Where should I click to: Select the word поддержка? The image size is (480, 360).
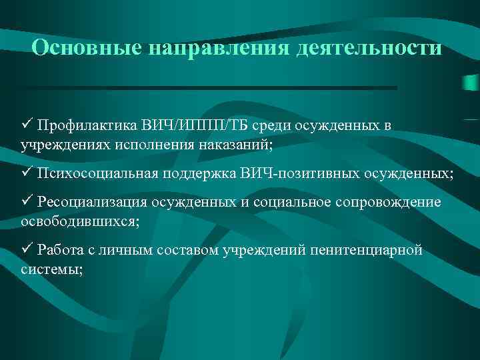click(202, 174)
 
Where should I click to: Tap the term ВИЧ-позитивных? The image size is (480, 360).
click(305, 174)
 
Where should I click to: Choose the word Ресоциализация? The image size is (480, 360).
click(93, 203)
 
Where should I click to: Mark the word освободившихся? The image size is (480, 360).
click(73, 221)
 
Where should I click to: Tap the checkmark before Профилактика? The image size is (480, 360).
click(27, 125)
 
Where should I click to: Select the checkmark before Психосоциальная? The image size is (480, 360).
click(27, 173)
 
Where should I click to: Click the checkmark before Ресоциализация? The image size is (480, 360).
click(27, 202)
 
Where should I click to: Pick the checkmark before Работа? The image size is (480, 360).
click(27, 249)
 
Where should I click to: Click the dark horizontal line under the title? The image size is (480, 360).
click(207, 87)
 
